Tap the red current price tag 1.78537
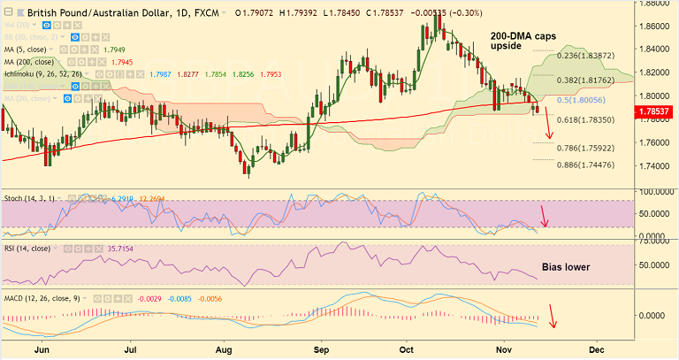coord(657,111)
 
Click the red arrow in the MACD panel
coord(554,316)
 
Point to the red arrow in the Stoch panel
coord(545,215)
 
